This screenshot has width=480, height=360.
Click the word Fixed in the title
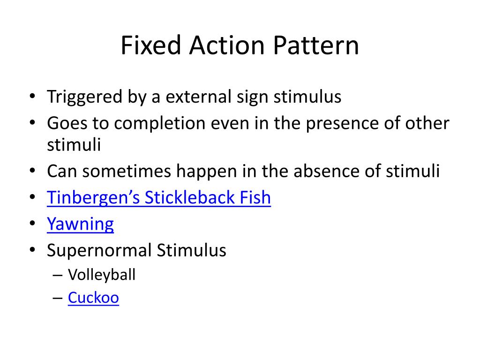pyautogui.click(x=146, y=46)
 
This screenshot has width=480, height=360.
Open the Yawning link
pyautogui.click(x=80, y=225)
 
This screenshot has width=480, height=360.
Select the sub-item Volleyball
pyautogui.click(x=101, y=275)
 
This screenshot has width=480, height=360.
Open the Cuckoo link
pyautogui.click(x=93, y=298)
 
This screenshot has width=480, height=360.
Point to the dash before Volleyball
pyautogui.click(x=58, y=275)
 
